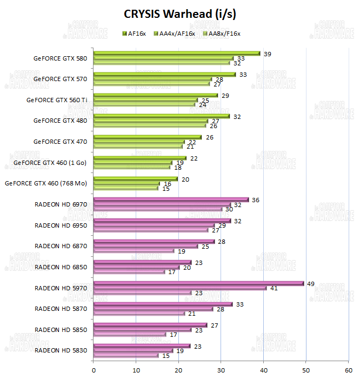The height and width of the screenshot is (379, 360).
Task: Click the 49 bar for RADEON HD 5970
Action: pyautogui.click(x=198, y=283)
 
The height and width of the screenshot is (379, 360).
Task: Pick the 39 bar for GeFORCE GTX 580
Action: pyautogui.click(x=177, y=54)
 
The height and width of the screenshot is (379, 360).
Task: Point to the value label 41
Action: pyautogui.click(x=274, y=288)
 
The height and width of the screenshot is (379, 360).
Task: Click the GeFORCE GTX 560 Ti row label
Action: pyautogui.click(x=57, y=99)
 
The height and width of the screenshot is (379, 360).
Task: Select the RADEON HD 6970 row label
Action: pyautogui.click(x=61, y=204)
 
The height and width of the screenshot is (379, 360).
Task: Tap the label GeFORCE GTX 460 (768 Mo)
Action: pyautogui.click(x=46, y=183)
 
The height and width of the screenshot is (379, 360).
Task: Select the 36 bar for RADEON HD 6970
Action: pyautogui.click(x=171, y=200)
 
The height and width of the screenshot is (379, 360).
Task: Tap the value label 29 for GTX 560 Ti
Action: pyautogui.click(x=225, y=95)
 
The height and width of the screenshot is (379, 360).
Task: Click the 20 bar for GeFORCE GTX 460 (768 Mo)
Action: pyautogui.click(x=136, y=178)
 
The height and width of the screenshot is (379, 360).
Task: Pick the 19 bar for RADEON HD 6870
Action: pyautogui.click(x=134, y=251)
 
